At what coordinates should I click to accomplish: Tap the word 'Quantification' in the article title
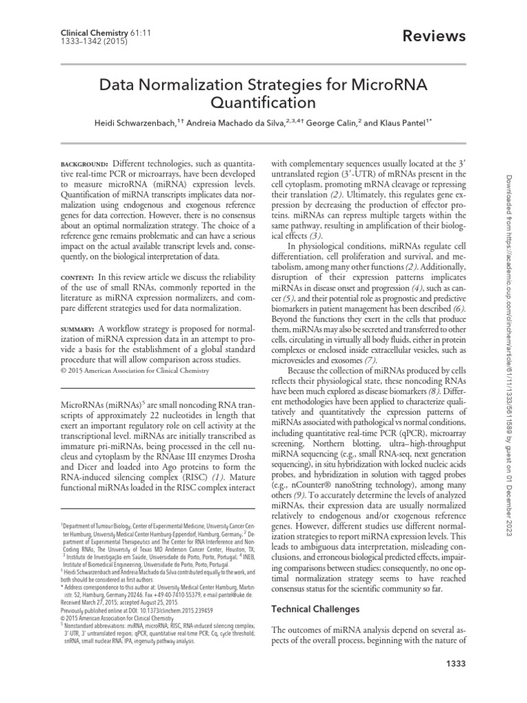[262, 103]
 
